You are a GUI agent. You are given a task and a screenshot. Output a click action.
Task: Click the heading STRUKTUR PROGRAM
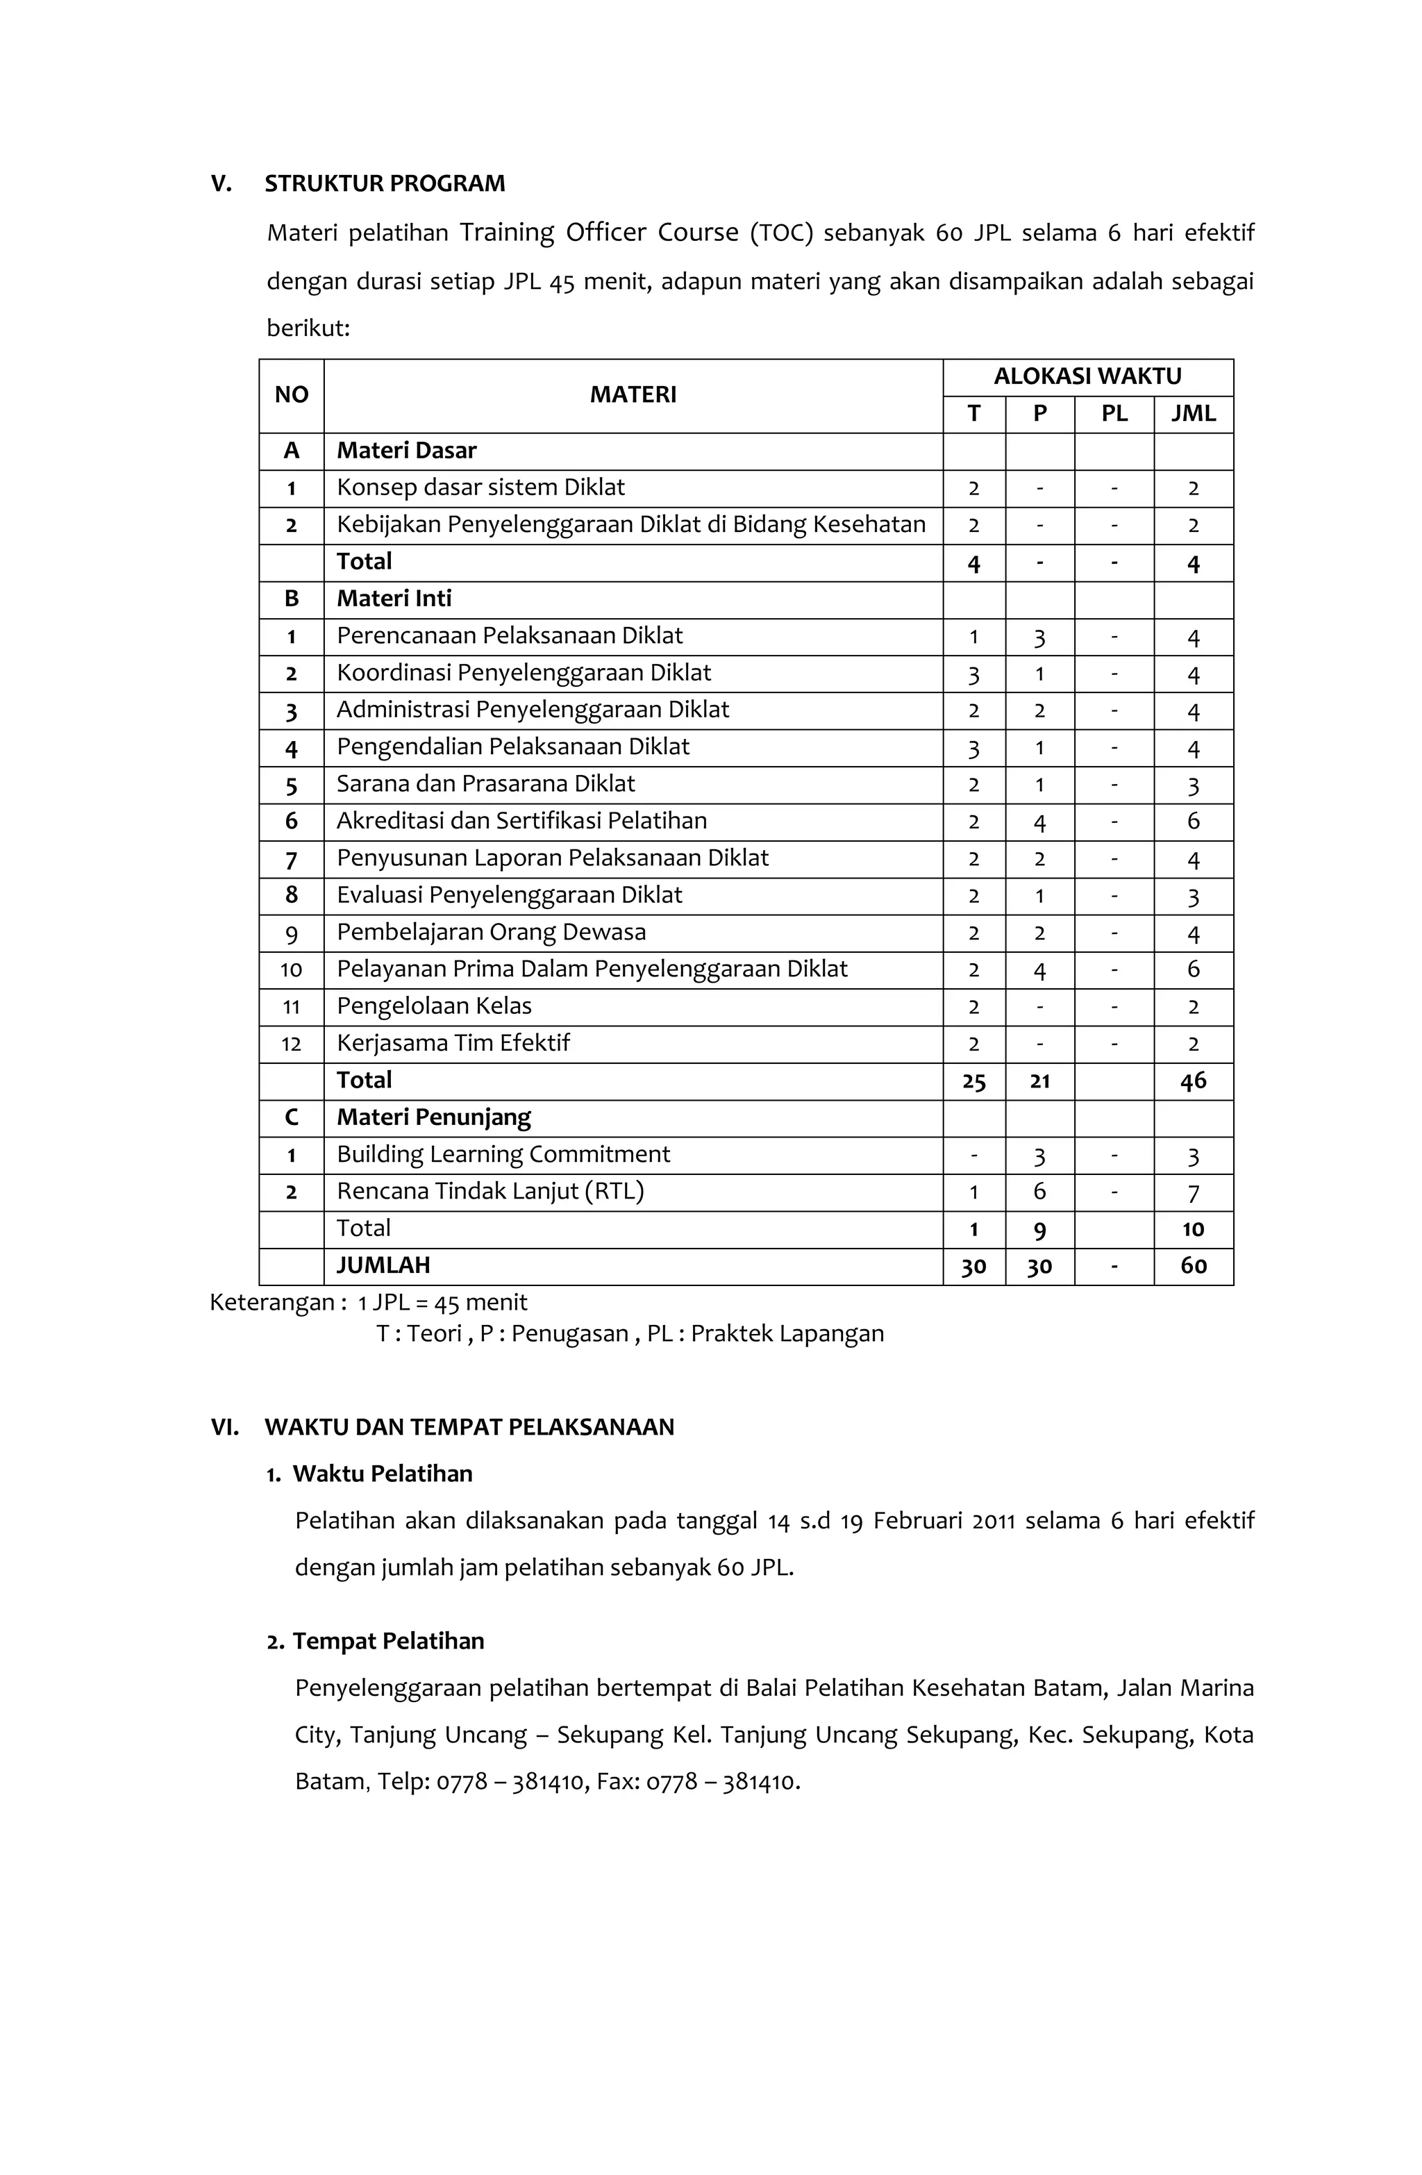384,184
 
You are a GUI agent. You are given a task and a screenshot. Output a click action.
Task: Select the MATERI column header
633,394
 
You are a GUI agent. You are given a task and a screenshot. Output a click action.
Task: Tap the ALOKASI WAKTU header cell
1087,376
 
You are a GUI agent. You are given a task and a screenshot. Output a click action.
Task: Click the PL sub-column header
1113,414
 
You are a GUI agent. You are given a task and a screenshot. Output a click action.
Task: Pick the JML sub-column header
1193,414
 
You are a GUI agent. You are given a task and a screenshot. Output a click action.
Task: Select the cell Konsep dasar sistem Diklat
480,487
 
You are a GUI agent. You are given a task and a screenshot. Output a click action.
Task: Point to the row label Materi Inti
393,599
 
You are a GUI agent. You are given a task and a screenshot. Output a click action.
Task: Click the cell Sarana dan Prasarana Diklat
485,784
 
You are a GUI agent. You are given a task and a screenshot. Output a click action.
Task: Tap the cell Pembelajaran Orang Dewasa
491,932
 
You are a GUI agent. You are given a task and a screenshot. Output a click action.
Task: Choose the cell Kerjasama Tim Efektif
453,1043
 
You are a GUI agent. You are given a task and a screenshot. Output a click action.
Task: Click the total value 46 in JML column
1193,1081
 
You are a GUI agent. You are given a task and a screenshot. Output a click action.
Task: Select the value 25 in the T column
973,1081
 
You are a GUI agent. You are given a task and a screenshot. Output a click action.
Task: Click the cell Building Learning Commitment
503,1154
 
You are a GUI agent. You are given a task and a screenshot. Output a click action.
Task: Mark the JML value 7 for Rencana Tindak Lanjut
1193,1192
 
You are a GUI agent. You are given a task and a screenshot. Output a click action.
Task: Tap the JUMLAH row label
382,1266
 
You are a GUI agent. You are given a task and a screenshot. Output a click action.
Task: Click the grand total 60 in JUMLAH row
1193,1266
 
